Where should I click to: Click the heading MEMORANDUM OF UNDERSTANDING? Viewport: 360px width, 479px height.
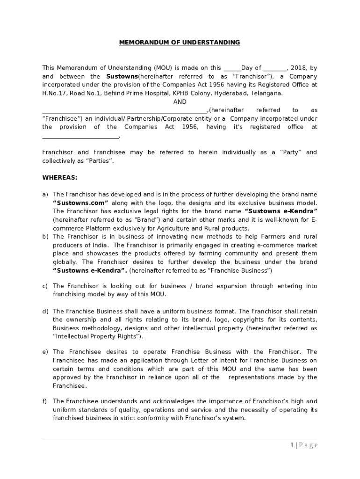coord(180,43)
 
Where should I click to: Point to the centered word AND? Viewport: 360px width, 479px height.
coord(180,102)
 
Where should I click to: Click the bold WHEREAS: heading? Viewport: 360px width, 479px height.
coord(60,178)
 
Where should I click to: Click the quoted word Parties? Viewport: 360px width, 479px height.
coord(98,161)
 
